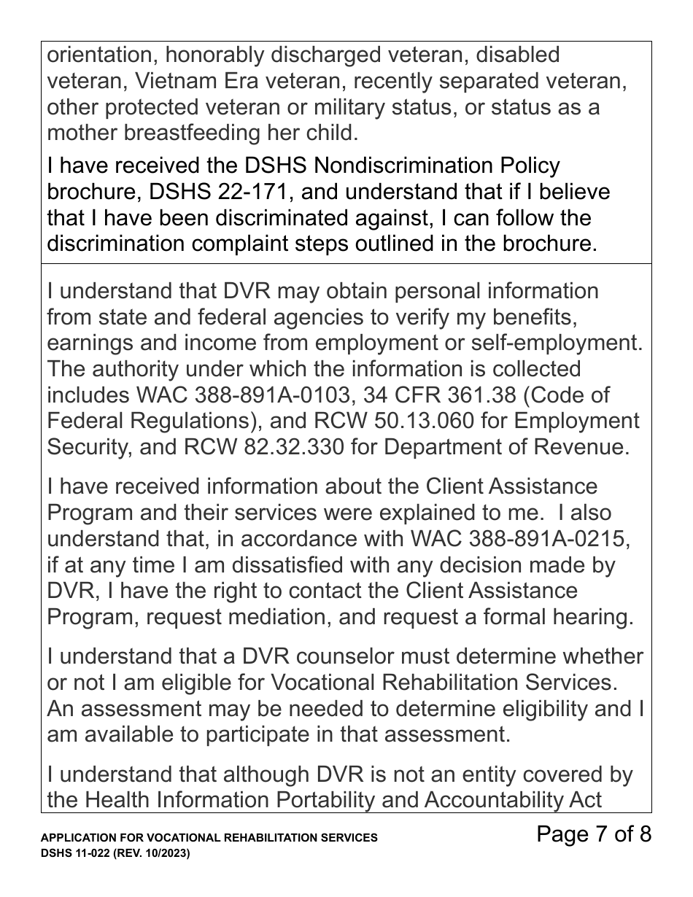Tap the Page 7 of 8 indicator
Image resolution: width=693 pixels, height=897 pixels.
(593, 834)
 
